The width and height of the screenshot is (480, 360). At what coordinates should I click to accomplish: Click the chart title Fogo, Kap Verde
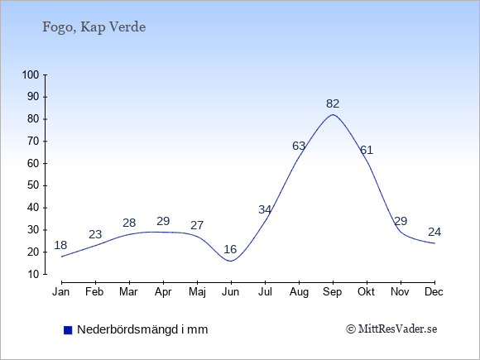click(94, 27)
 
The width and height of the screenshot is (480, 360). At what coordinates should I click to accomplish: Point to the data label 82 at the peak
click(333, 104)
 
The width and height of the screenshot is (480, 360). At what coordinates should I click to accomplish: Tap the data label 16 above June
click(230, 249)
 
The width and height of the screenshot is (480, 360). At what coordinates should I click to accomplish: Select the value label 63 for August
click(299, 146)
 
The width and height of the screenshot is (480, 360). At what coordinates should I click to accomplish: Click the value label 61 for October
click(367, 150)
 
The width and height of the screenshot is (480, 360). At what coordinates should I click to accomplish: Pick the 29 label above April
click(163, 221)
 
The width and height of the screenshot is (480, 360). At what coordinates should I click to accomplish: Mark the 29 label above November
click(401, 221)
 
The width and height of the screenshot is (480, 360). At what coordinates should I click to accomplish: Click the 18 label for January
click(60, 245)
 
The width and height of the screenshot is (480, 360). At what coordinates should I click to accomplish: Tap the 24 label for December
click(434, 232)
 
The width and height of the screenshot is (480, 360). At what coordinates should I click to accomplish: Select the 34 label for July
click(265, 209)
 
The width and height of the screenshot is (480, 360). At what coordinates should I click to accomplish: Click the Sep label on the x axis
click(333, 292)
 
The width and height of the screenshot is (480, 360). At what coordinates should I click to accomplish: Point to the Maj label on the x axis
click(197, 292)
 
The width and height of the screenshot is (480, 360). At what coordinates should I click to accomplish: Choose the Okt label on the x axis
click(366, 292)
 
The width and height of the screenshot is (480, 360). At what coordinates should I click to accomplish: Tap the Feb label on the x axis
click(94, 292)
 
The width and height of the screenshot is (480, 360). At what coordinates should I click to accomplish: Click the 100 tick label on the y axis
click(31, 74)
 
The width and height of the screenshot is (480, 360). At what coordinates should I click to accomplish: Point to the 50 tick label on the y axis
click(33, 185)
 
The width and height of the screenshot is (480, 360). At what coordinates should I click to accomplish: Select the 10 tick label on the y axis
click(33, 274)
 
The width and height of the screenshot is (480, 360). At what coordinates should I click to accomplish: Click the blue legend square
click(68, 330)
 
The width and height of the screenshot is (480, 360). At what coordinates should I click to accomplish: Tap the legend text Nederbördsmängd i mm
click(142, 329)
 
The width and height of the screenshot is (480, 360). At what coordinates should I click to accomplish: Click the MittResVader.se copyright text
click(391, 329)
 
